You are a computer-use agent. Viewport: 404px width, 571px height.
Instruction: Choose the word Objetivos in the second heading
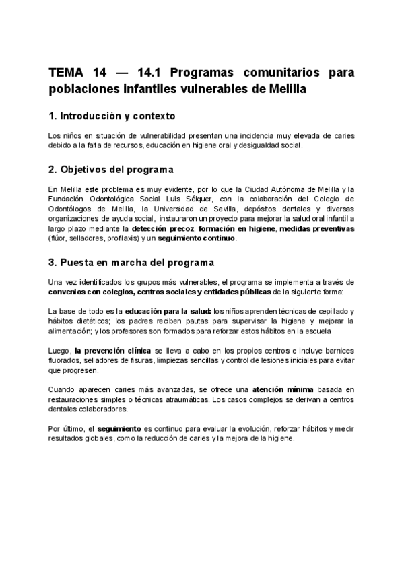pos(91,169)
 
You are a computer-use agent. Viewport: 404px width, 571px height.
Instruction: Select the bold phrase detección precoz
pos(161,229)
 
